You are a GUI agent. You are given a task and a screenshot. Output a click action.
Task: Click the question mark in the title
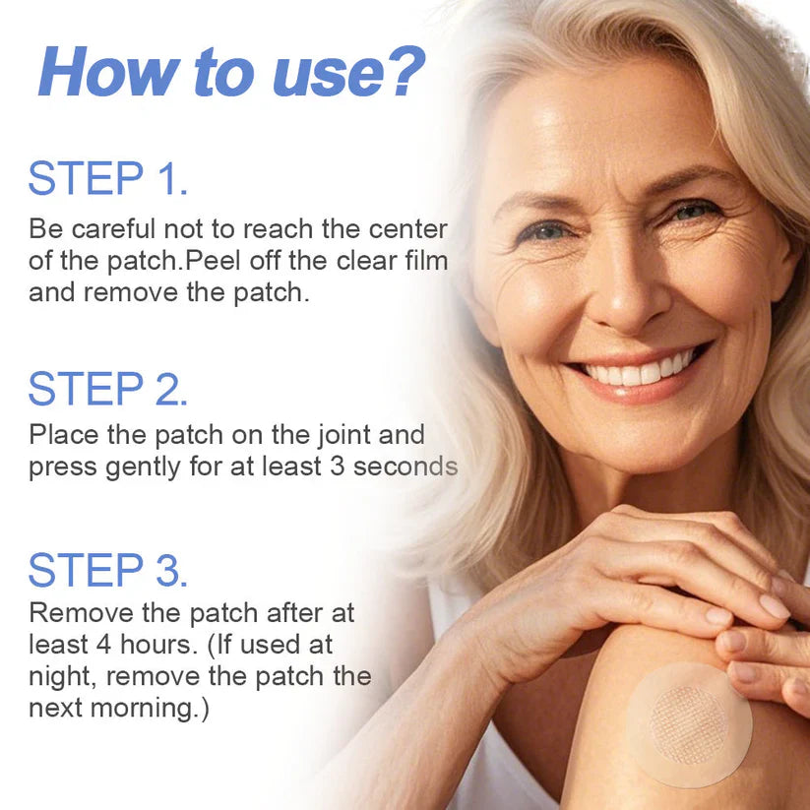(403, 71)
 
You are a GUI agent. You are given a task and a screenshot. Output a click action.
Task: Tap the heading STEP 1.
(107, 179)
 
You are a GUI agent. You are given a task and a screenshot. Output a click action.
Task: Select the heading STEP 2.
(107, 389)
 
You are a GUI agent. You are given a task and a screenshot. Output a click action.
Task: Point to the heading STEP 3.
(107, 571)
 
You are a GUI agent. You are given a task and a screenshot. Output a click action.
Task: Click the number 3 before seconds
(337, 466)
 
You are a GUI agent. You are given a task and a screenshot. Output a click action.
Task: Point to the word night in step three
(61, 677)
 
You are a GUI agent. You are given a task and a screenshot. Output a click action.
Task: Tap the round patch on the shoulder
(689, 723)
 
